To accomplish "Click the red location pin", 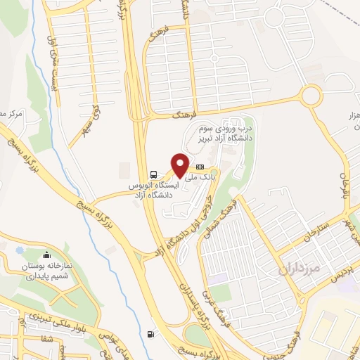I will click(x=180, y=165).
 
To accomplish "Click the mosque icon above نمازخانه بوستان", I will click(x=46, y=255).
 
